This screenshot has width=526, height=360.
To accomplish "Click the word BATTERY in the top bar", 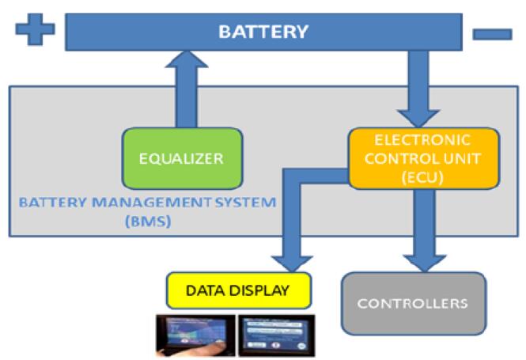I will (263, 32).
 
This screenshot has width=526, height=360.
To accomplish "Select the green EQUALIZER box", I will (181, 157).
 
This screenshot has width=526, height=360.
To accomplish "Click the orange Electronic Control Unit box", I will (424, 157).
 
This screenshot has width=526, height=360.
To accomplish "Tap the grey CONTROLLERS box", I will (412, 302).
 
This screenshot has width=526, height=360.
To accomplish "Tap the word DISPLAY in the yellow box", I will (266, 290).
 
